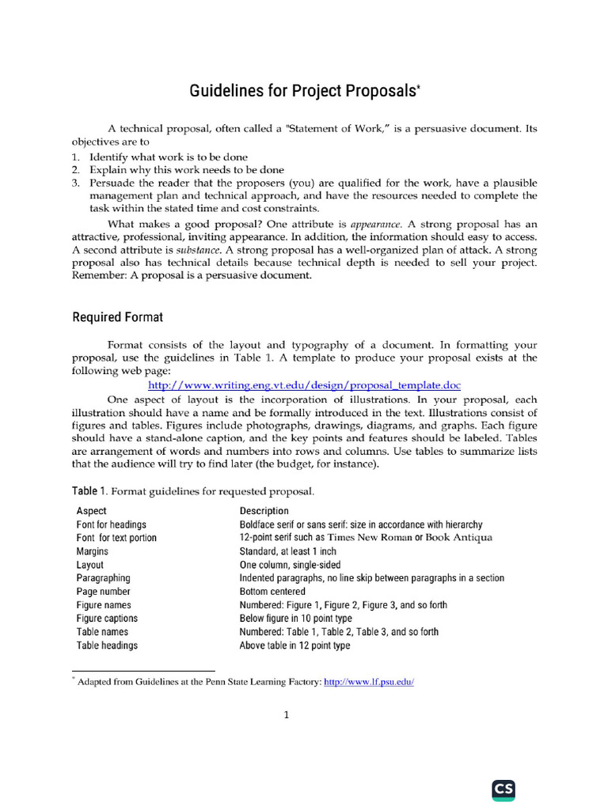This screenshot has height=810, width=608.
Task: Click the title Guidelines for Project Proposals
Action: pyautogui.click(x=304, y=92)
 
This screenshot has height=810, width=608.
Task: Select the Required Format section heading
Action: pyautogui.click(x=118, y=317)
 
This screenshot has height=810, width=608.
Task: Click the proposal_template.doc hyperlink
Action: pyautogui.click(x=304, y=384)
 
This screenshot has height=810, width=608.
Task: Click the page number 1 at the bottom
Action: pyautogui.click(x=287, y=716)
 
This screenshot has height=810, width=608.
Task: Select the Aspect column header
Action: pyautogui.click(x=91, y=511)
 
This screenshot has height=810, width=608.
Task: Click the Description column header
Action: pyautogui.click(x=264, y=511)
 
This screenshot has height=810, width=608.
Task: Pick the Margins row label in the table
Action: pyautogui.click(x=93, y=551)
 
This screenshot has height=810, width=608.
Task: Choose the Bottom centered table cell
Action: pyautogui.click(x=272, y=592)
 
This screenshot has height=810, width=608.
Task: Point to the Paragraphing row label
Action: pyautogui.click(x=104, y=578)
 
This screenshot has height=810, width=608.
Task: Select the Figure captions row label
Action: pyautogui.click(x=107, y=619)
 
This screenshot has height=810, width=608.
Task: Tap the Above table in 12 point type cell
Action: pyautogui.click(x=294, y=645)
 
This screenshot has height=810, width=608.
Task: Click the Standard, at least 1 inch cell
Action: pyautogui.click(x=287, y=551)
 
